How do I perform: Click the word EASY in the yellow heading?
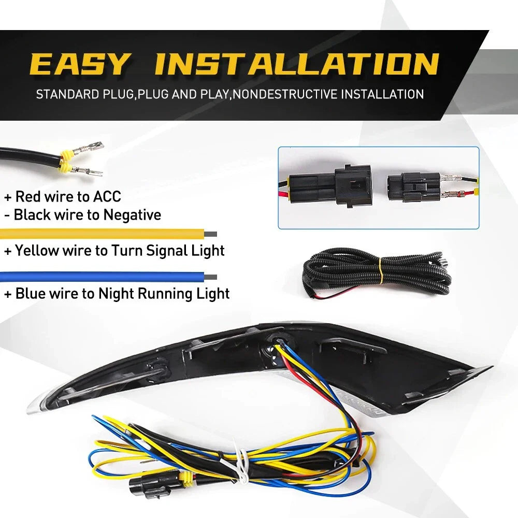pyautogui.click(x=79, y=64)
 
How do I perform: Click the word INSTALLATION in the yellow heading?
pyautogui.click(x=297, y=64)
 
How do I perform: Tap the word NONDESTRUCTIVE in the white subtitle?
pyautogui.click(x=285, y=94)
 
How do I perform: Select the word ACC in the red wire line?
pyautogui.click(x=107, y=196)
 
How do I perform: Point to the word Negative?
pyautogui.click(x=132, y=215)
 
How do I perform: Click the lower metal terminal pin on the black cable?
pyautogui.click(x=87, y=171)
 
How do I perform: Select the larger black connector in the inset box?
pyautogui.click(x=331, y=186)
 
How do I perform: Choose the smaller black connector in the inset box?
pyautogui.click(x=413, y=188)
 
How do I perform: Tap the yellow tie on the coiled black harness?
pyautogui.click(x=381, y=268)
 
